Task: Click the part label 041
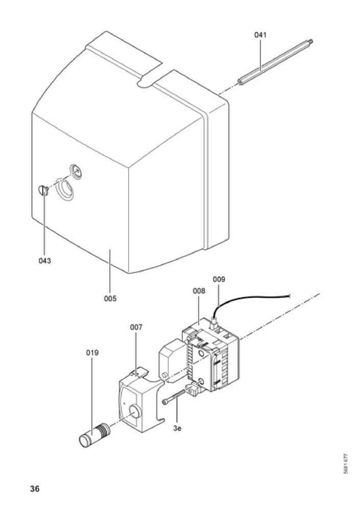[x=260, y=35]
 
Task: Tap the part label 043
[x=45, y=261]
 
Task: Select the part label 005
[x=110, y=299]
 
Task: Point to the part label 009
[x=219, y=279]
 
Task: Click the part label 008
[x=199, y=291]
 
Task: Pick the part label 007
[x=136, y=327]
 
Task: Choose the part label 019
[x=92, y=353]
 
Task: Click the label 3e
[x=177, y=428]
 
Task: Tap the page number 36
[x=35, y=489]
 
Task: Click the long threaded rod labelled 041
[x=275, y=62]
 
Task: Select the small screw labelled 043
[x=43, y=190]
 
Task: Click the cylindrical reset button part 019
[x=94, y=435]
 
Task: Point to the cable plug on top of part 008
[x=213, y=322]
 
